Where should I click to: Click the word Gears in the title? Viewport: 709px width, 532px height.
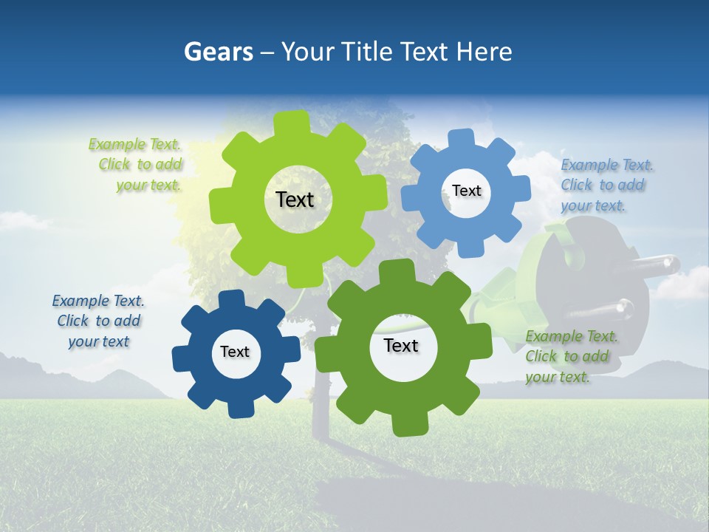pyautogui.click(x=218, y=52)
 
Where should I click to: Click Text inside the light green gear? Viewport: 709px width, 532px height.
pyautogui.click(x=295, y=199)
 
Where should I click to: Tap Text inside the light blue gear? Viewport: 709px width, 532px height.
pyautogui.click(x=466, y=191)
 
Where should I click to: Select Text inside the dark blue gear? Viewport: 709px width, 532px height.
pyautogui.click(x=235, y=352)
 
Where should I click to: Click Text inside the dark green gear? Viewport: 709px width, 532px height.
pyautogui.click(x=401, y=345)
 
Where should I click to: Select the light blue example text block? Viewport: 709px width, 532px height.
pyautogui.click(x=606, y=185)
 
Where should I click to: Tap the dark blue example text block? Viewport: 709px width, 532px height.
pyautogui.click(x=98, y=321)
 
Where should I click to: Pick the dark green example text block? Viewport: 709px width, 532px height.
pyautogui.click(x=570, y=356)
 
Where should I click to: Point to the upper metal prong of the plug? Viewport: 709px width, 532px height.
pyautogui.click(x=657, y=263)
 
